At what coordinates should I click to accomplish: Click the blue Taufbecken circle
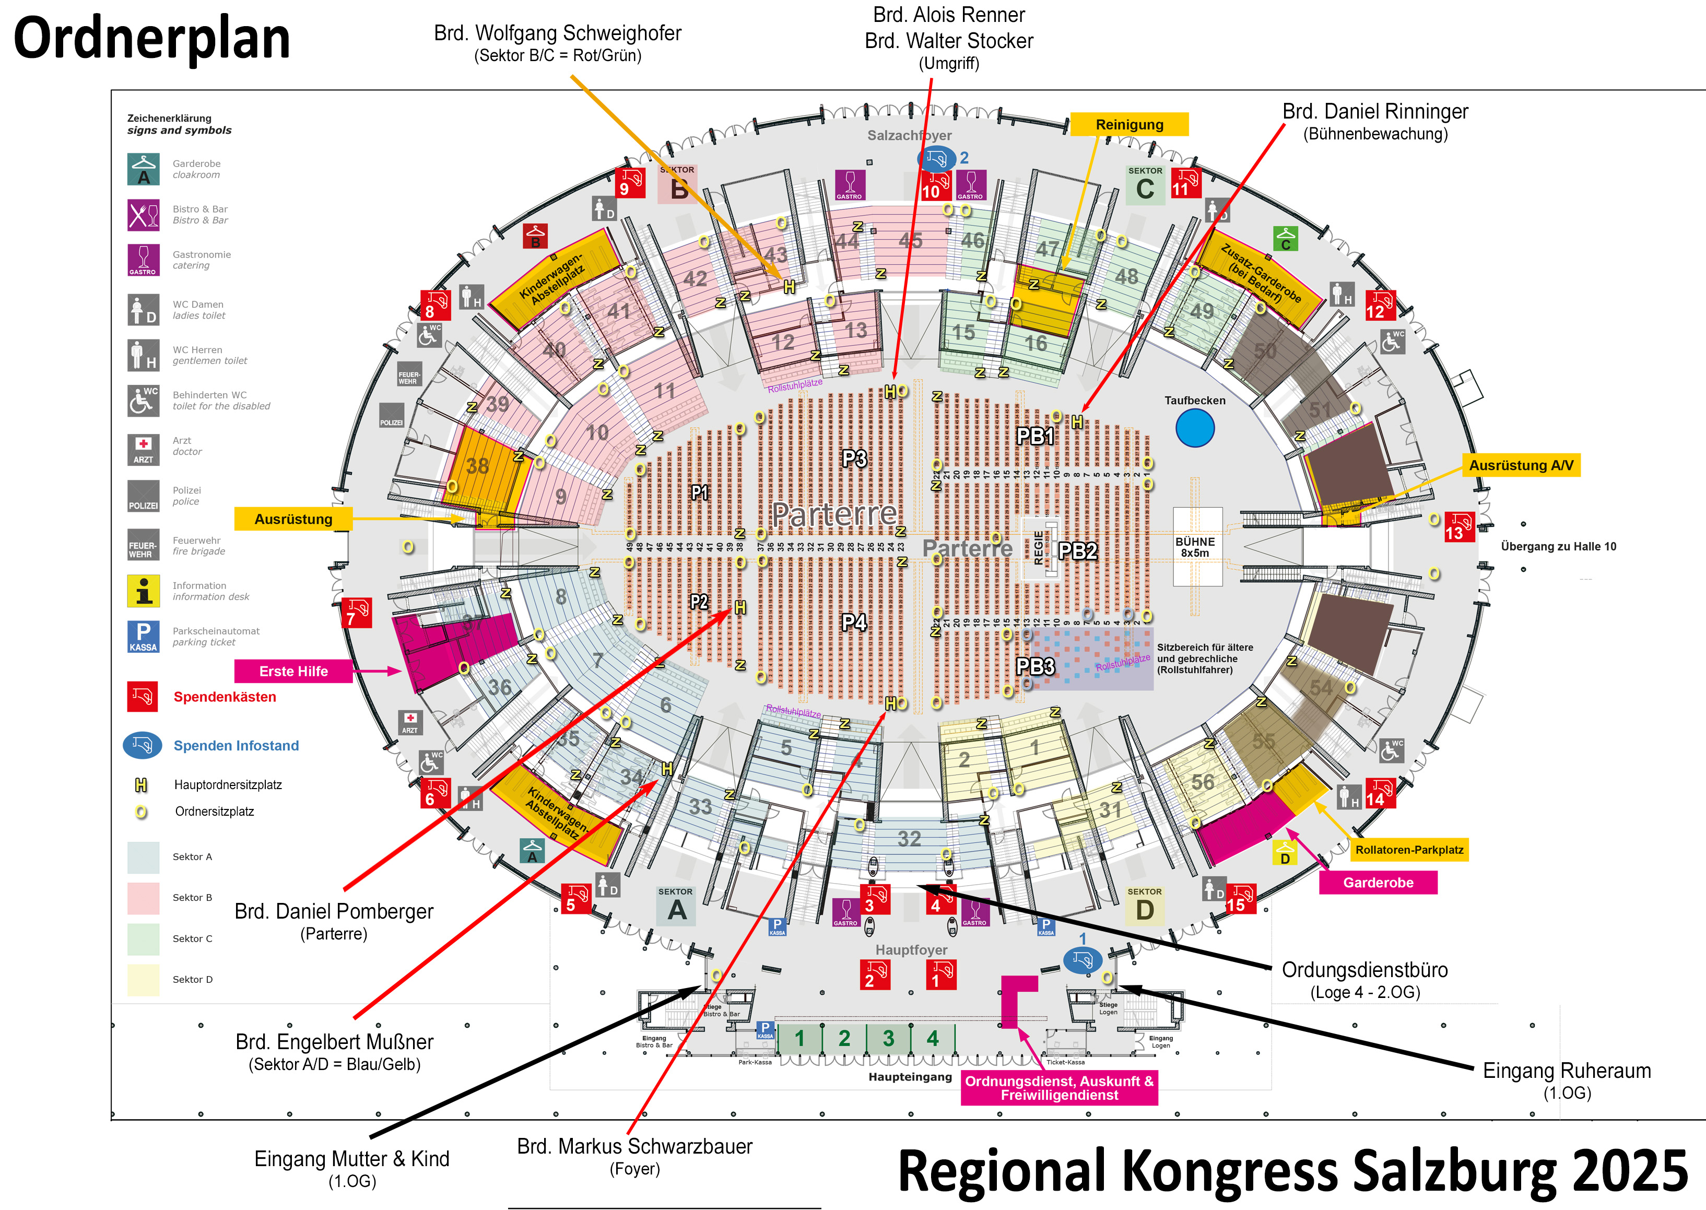click(x=1195, y=428)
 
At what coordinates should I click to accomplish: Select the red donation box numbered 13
click(x=1458, y=527)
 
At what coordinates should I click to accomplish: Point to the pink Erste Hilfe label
click(x=293, y=671)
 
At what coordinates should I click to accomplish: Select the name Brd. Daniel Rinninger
click(x=1374, y=112)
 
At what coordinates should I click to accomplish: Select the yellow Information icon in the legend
click(x=143, y=591)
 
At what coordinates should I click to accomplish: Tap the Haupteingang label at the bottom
click(x=910, y=1077)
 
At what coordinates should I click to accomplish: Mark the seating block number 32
click(x=909, y=839)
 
